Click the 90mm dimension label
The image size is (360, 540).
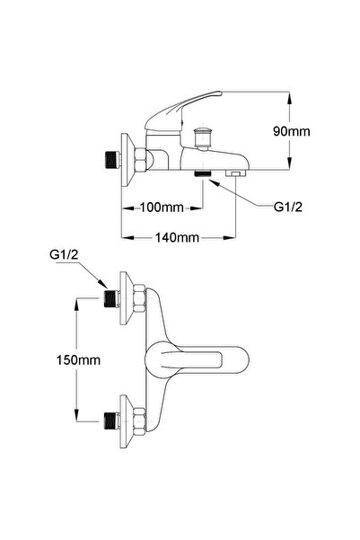click(291, 131)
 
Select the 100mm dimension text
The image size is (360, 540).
click(162, 208)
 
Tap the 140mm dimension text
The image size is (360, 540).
click(177, 237)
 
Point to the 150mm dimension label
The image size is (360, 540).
click(78, 360)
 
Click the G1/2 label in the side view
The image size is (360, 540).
click(288, 207)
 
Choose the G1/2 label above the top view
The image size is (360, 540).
click(64, 255)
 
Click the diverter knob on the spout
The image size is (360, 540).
click(202, 137)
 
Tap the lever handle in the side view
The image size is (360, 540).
click(183, 110)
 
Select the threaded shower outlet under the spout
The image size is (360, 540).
click(202, 173)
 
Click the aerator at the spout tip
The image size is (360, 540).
click(235, 173)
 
